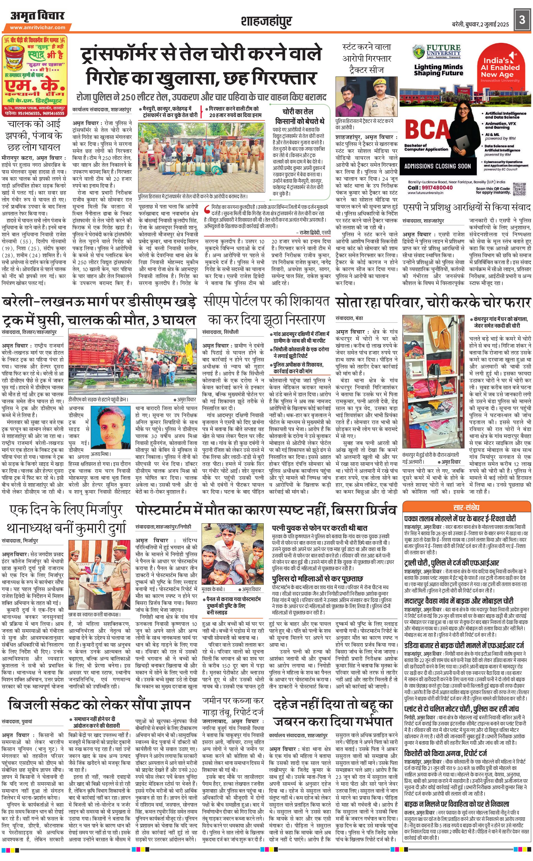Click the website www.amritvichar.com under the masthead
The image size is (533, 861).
[x=37, y=28]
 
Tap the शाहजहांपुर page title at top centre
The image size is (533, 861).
[x=266, y=21]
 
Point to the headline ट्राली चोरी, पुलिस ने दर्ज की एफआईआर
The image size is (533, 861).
[x=452, y=563]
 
